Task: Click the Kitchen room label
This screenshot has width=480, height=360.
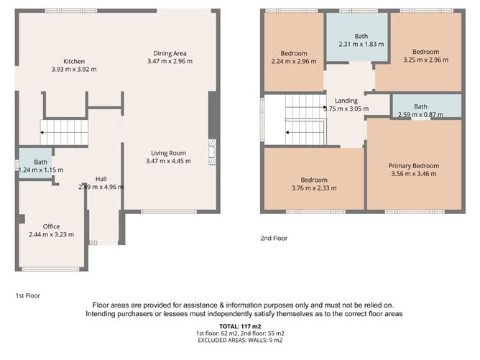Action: (x=74, y=61)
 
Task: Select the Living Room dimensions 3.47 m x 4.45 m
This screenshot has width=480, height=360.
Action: (x=169, y=162)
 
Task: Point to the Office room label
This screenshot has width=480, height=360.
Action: (x=51, y=226)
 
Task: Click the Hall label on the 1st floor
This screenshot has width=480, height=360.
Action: (x=101, y=178)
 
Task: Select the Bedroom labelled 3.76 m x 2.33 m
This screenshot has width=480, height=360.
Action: (x=314, y=180)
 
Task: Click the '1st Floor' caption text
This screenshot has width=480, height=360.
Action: (x=29, y=295)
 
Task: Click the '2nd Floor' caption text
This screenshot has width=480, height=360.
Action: (x=274, y=238)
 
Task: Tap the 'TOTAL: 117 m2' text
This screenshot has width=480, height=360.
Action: (x=240, y=327)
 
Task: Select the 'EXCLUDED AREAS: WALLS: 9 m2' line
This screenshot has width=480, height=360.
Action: (x=240, y=341)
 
